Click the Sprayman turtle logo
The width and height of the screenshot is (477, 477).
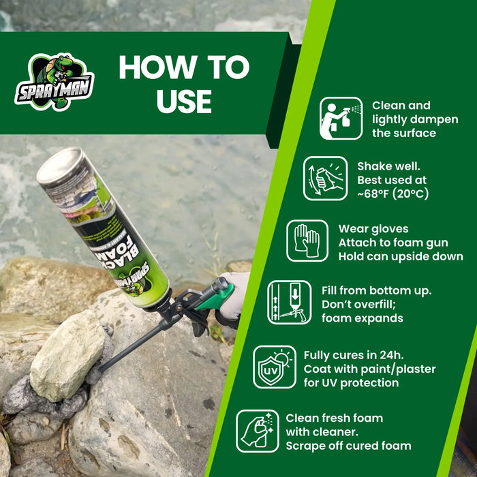[x=55, y=82]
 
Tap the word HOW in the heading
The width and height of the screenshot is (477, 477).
[x=155, y=67]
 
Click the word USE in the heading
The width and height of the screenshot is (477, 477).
[x=184, y=100]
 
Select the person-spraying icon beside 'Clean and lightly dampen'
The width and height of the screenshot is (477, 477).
[x=341, y=119]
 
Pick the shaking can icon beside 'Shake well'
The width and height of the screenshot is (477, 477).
[x=325, y=179]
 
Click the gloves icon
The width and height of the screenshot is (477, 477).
[x=307, y=241]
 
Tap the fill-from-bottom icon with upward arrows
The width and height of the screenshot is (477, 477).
[x=289, y=302]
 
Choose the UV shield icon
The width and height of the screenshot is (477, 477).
[x=275, y=367]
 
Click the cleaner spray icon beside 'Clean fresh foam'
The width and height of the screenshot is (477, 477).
[x=258, y=431]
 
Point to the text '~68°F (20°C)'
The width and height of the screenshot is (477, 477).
[x=393, y=194]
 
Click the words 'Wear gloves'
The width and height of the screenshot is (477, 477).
[x=373, y=229]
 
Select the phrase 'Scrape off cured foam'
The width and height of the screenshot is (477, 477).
[x=348, y=446]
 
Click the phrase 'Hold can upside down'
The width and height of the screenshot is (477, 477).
[x=401, y=257]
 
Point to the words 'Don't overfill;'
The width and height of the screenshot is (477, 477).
[x=363, y=305]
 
